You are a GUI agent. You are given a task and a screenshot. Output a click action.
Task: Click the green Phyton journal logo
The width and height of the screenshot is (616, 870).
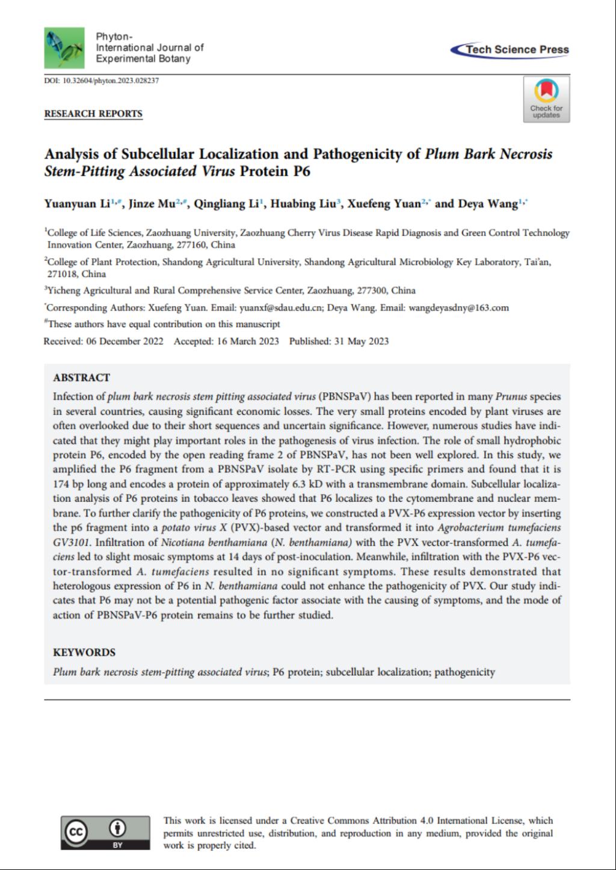[x=64, y=48]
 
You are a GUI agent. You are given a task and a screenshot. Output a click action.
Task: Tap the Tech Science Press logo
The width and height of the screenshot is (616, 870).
[x=510, y=50]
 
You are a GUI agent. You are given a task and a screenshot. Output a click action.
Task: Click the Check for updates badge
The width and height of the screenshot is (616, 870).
[x=546, y=99]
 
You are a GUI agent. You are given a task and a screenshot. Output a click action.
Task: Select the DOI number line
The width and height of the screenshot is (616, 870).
[x=102, y=81]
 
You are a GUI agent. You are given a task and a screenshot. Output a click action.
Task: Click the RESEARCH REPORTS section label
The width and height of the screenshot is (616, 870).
[x=93, y=114]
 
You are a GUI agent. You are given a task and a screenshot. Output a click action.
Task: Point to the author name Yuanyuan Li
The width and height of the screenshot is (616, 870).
[x=77, y=204]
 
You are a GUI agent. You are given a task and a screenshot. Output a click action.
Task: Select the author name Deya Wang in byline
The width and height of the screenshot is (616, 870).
[x=487, y=204]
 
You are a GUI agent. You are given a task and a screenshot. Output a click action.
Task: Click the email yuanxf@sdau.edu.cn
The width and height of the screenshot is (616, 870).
[x=282, y=307]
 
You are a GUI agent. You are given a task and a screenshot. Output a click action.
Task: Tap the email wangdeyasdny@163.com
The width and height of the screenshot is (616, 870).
[x=458, y=307]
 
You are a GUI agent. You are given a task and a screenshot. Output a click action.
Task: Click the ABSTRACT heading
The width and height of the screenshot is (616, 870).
[x=81, y=378]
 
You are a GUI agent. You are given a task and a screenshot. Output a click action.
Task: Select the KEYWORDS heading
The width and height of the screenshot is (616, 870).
[x=84, y=653]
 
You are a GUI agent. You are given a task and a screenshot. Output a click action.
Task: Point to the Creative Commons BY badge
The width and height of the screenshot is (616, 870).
[x=105, y=832]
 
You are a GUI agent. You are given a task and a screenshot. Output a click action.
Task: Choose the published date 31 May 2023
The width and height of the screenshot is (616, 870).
[x=361, y=341]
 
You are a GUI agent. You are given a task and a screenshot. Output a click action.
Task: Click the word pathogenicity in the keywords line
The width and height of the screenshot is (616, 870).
[x=464, y=672]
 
